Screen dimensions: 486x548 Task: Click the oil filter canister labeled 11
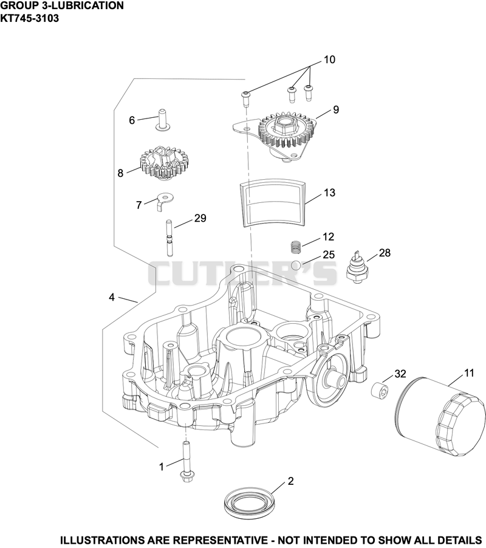(442, 417)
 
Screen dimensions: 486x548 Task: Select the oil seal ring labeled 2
(249, 503)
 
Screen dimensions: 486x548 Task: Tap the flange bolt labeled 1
(185, 463)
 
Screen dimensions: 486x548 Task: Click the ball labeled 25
(296, 265)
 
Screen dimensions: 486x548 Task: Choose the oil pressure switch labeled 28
(357, 267)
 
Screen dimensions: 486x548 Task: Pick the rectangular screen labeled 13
(272, 202)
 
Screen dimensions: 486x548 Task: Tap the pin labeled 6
(162, 120)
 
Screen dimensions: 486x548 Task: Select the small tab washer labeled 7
(165, 200)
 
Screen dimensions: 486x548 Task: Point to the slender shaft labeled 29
(169, 238)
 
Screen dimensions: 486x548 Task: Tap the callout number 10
(329, 60)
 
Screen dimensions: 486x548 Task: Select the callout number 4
(111, 298)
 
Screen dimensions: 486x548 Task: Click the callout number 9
(336, 110)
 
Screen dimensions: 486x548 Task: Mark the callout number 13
(329, 193)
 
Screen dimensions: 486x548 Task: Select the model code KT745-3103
(29, 18)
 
